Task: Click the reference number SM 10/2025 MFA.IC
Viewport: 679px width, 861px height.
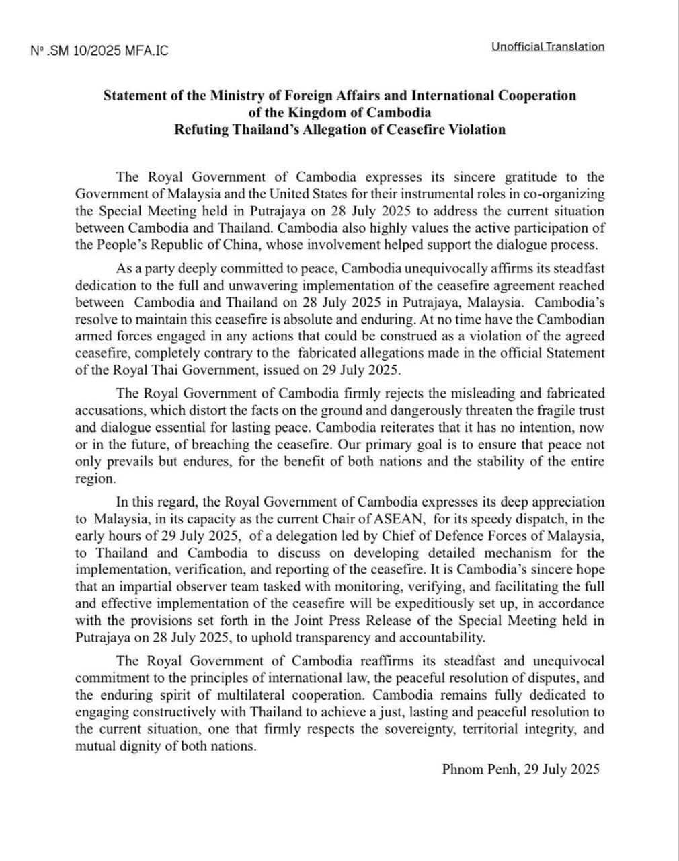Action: (x=99, y=51)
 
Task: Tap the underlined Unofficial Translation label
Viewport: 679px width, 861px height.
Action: (x=547, y=46)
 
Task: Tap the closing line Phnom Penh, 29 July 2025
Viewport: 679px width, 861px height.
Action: (x=520, y=770)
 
